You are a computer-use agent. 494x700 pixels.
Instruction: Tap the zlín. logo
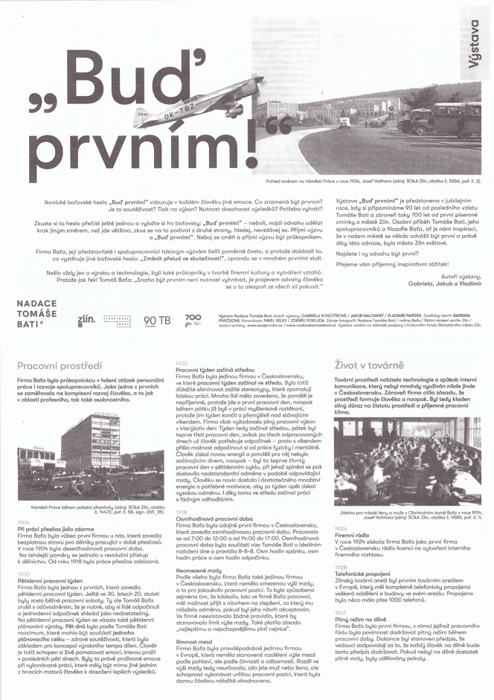[x=86, y=320]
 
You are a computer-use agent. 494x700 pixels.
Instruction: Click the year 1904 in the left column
[x=25, y=523]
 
